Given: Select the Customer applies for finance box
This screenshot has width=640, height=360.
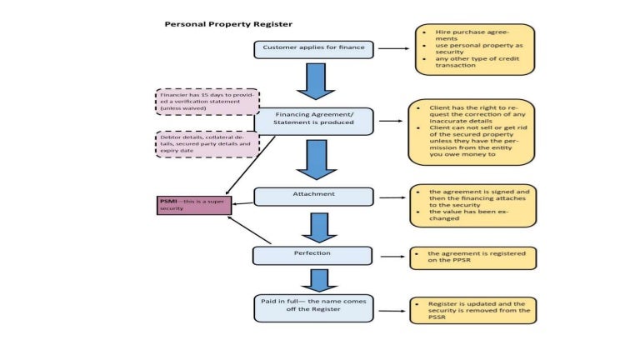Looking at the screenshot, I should coord(313,49).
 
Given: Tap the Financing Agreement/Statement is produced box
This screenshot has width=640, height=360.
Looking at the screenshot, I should coord(314,118).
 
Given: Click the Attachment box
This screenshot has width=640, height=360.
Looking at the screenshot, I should coord(314,196).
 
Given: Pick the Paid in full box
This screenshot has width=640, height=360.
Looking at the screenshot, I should coord(313,307).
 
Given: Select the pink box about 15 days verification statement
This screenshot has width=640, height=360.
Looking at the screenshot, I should coord(207,102).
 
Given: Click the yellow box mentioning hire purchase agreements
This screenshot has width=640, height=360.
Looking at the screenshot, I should coord(474,50).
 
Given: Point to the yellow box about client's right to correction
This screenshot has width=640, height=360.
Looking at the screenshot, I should coord(471,132).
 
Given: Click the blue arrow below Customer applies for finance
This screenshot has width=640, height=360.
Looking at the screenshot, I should coord(315,82).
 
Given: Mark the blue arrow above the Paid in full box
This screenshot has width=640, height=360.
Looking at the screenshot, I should coord(313,279).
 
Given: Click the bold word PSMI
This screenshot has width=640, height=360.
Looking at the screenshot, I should coord(168,201).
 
